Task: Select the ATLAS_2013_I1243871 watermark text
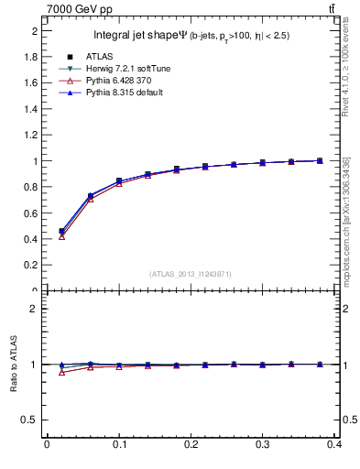click(x=191, y=274)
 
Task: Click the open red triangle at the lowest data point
click(x=61, y=236)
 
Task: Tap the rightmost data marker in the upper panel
click(x=320, y=160)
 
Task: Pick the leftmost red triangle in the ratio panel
click(x=61, y=372)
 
